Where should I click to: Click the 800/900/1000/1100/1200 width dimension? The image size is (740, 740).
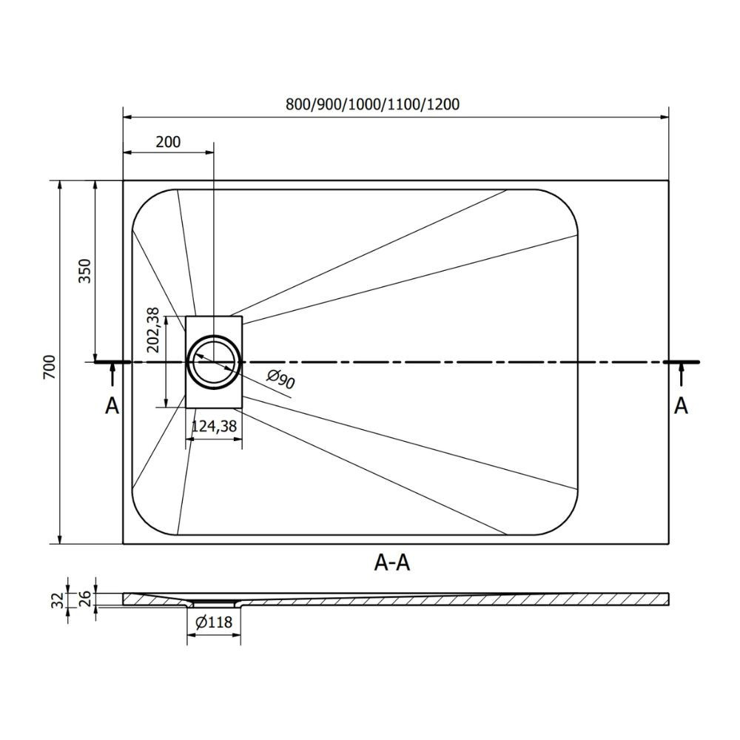[x=372, y=104]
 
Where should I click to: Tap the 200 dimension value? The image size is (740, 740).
[x=168, y=141]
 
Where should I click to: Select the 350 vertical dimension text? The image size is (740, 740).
[x=84, y=270]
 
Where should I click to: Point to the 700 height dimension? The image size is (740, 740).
[x=49, y=367]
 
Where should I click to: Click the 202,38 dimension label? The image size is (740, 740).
[x=153, y=330]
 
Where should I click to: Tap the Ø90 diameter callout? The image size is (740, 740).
[x=280, y=378]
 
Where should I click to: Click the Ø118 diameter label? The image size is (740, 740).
[x=214, y=622]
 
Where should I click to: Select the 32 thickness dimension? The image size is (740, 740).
[x=57, y=600]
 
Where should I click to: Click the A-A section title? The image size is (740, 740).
[x=391, y=562]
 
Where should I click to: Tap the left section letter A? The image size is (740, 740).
[x=112, y=406]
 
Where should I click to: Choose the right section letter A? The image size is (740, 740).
[x=681, y=406]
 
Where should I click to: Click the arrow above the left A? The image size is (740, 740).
[x=112, y=376]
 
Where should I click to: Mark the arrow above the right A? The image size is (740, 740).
[x=681, y=376]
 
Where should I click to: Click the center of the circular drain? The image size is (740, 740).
[x=214, y=362]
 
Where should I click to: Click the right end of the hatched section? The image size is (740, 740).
[x=669, y=599]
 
